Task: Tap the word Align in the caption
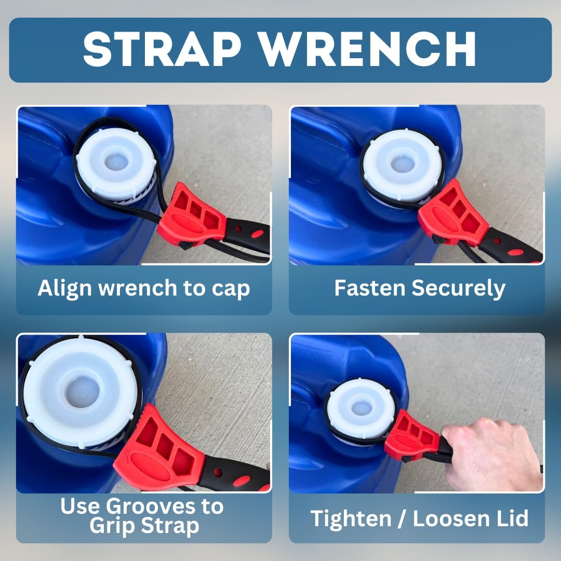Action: (x=63, y=288)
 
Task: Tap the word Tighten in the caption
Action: (x=354, y=518)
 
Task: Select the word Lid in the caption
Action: (x=511, y=518)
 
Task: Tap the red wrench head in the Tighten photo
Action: (x=413, y=435)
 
